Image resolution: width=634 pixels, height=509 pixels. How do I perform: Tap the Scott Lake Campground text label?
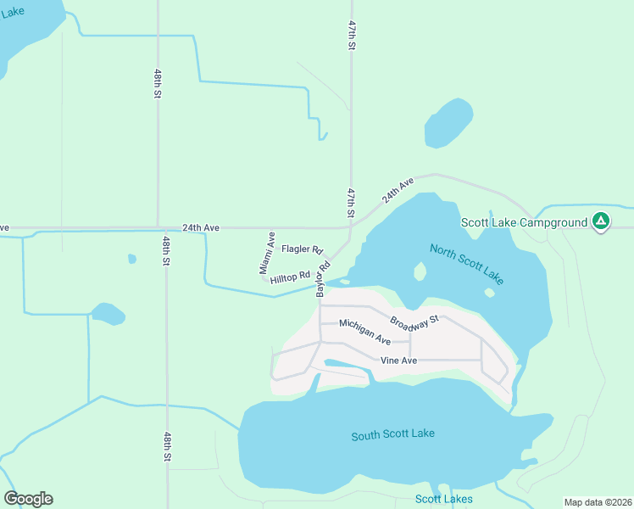[x=524, y=223]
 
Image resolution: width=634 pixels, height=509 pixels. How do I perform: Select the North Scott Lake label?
[x=466, y=264]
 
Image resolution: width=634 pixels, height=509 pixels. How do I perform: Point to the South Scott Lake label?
[x=392, y=434]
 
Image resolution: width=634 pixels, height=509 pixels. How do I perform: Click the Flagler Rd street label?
[x=303, y=249]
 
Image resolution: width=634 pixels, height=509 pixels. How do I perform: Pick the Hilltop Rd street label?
[x=290, y=277]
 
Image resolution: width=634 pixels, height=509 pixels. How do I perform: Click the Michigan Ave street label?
[x=364, y=331]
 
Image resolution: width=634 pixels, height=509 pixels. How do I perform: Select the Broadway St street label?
[x=414, y=321]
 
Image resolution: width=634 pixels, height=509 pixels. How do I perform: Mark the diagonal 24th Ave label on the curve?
[x=397, y=189]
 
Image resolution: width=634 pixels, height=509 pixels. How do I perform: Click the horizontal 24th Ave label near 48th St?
[x=200, y=228]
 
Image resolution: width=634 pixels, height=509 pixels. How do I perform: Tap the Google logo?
[x=28, y=499]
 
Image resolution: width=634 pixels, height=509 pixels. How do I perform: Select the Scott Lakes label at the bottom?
[x=443, y=499]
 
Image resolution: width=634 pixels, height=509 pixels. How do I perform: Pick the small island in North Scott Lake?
[x=419, y=271]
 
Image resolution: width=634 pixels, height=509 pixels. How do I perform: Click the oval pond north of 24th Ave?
[x=448, y=123]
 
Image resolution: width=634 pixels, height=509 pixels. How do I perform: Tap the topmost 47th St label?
[x=350, y=37]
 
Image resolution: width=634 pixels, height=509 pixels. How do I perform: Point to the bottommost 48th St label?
[x=169, y=446]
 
